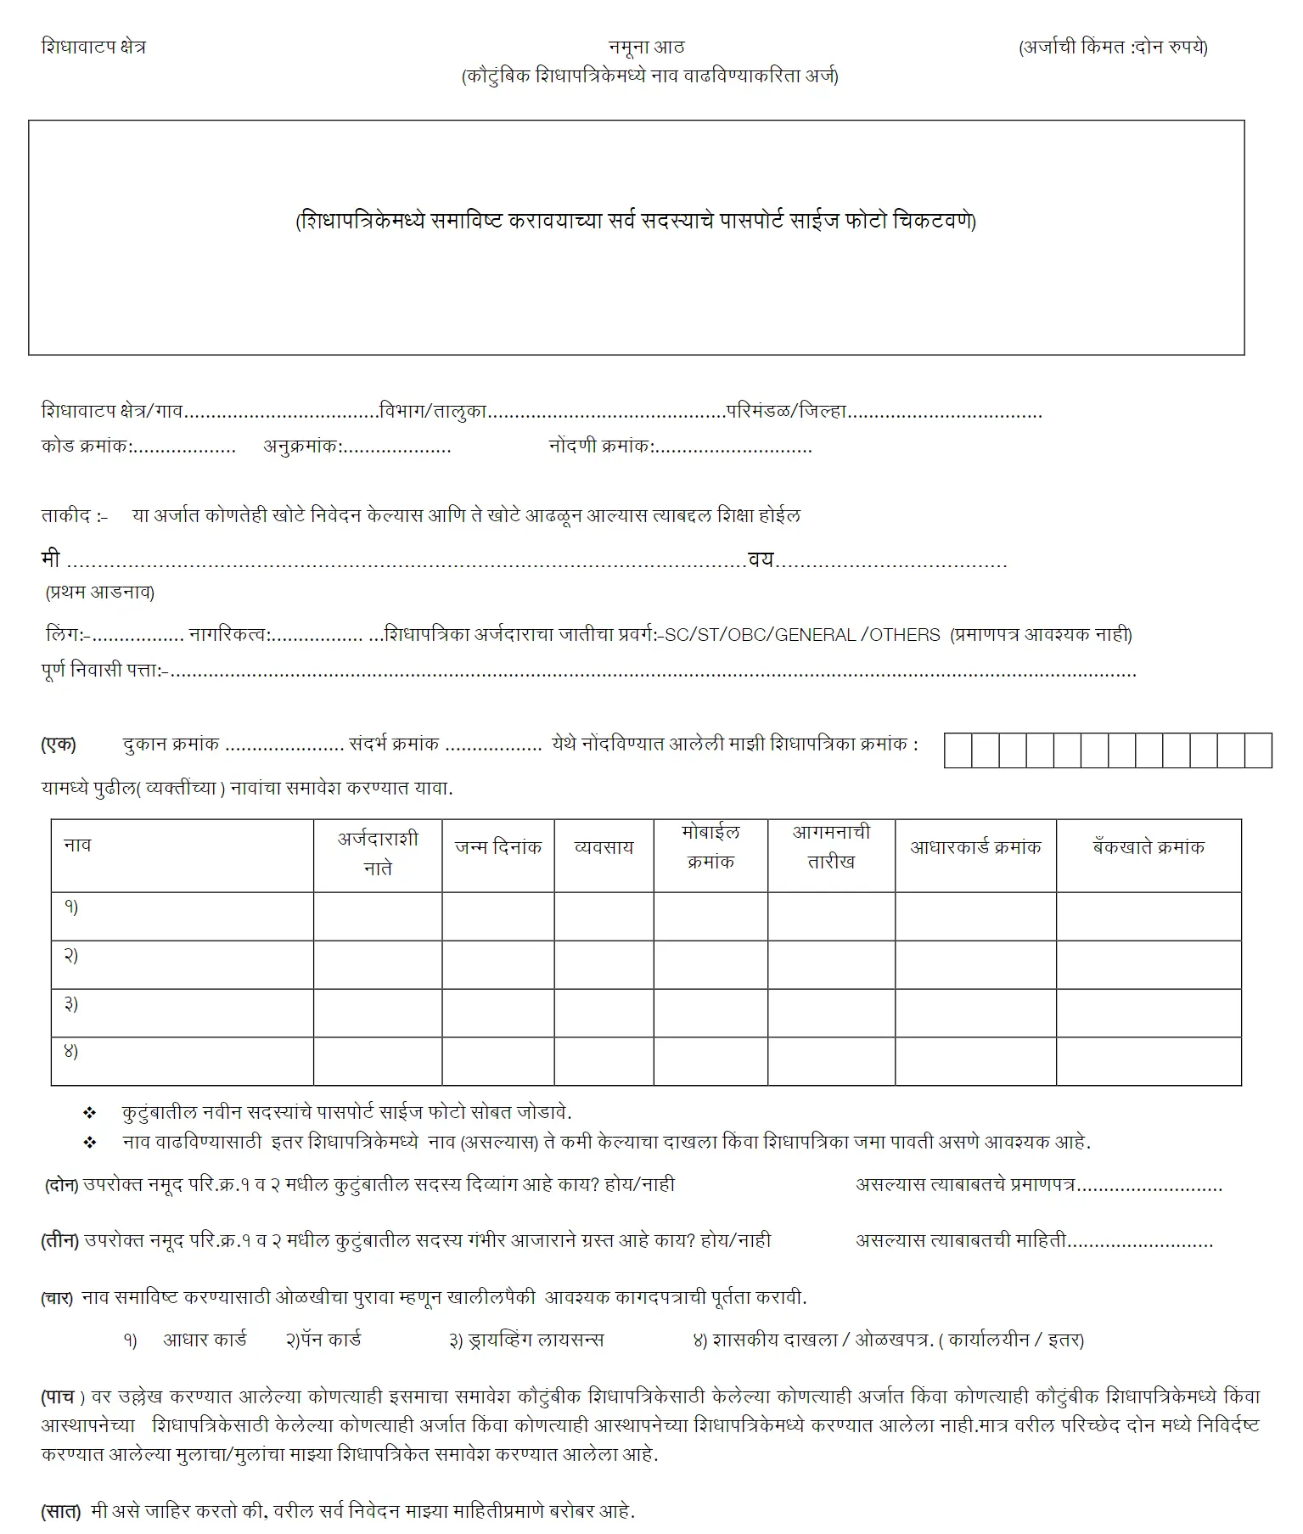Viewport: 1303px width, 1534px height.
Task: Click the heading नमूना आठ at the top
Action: [646, 47]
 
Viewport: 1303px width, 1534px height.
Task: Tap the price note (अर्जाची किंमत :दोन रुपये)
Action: [1113, 48]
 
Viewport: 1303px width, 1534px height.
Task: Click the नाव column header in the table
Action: [77, 846]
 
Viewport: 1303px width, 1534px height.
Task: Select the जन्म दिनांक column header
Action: [497, 847]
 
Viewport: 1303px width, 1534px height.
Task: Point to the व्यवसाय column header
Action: [604, 847]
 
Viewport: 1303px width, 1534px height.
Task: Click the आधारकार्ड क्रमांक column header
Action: [975, 847]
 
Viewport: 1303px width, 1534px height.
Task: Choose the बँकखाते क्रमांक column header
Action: [1148, 847]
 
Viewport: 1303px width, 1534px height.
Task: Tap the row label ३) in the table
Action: [71, 1003]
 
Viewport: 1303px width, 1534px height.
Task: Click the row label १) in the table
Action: [71, 907]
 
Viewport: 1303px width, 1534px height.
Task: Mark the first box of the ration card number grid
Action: [958, 750]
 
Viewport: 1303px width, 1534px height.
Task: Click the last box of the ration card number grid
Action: [1258, 750]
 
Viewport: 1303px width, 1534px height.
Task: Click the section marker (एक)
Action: [59, 745]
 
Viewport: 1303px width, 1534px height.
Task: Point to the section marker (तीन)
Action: [60, 1241]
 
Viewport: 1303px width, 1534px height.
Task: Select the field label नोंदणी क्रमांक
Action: [600, 446]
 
